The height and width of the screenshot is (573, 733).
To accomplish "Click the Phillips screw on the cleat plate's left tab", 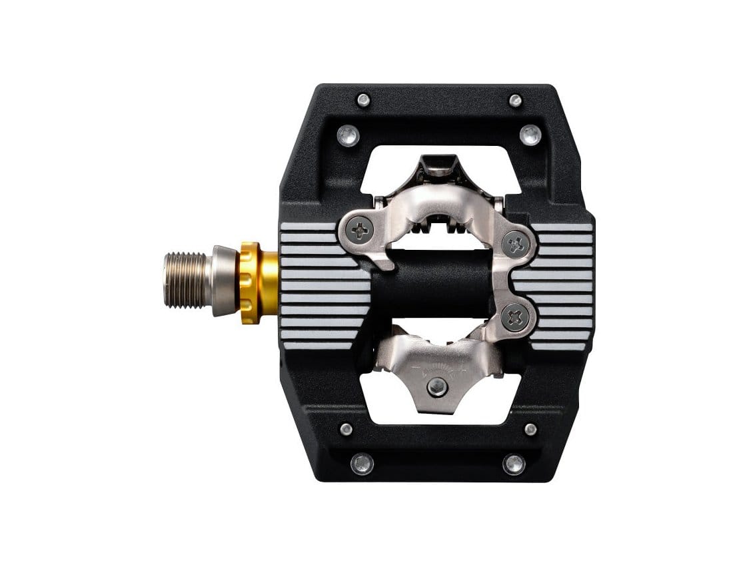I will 361,231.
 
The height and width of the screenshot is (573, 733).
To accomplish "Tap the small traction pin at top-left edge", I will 363,100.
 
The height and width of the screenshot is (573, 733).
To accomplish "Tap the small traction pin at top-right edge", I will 515,101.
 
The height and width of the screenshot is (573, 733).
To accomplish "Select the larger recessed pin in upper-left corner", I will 349,135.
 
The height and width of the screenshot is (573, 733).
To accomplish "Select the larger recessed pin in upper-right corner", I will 530,135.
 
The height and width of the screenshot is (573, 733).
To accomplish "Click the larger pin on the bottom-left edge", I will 363,463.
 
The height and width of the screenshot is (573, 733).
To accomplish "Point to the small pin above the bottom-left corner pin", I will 346,429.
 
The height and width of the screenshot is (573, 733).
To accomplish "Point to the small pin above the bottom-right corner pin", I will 530,429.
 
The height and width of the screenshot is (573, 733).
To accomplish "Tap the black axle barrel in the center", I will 433,283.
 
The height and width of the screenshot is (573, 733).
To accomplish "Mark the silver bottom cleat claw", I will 436,366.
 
